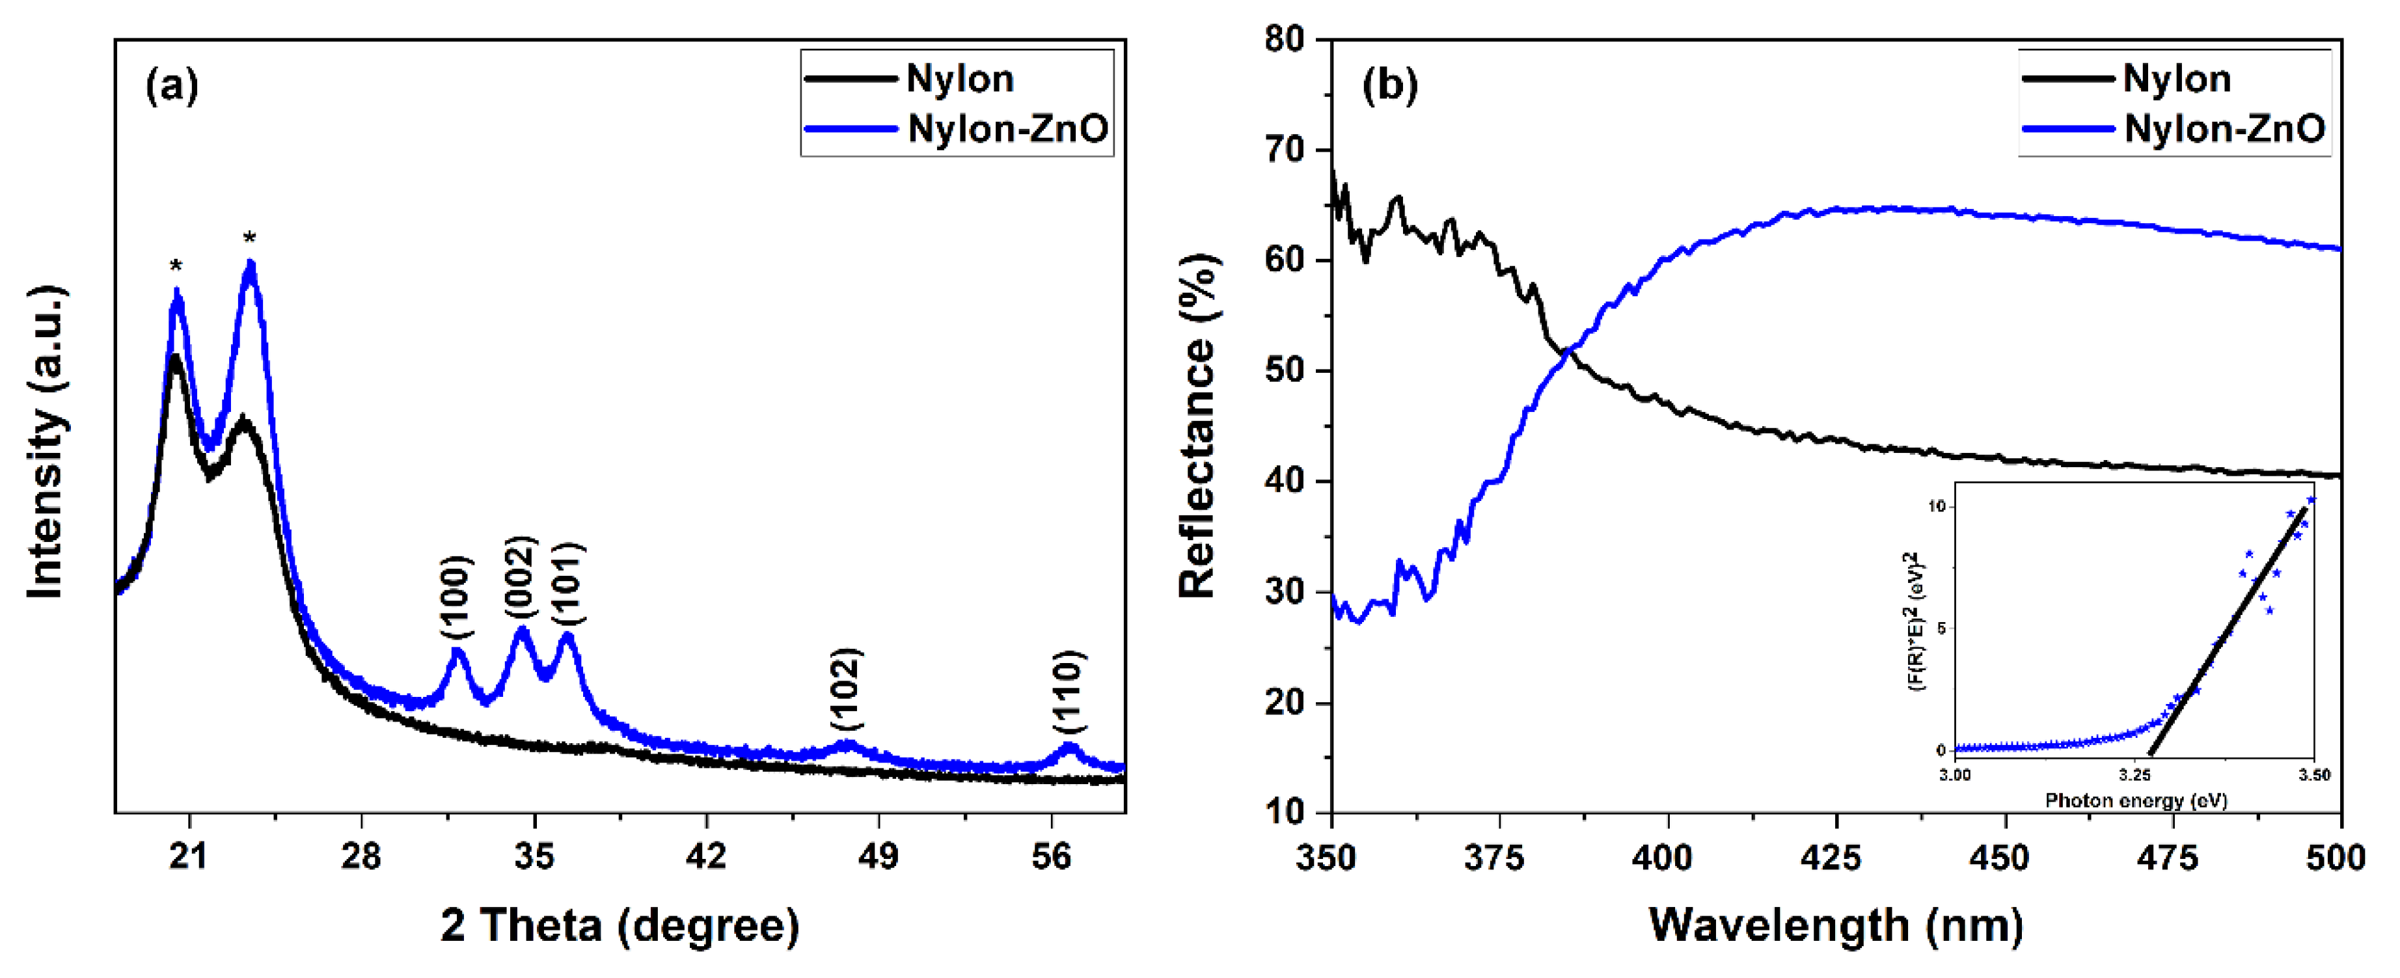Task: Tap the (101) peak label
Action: tap(567, 584)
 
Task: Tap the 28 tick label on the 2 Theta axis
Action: tap(361, 856)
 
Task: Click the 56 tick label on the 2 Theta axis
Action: tap(1051, 856)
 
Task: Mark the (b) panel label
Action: tap(1389, 86)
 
